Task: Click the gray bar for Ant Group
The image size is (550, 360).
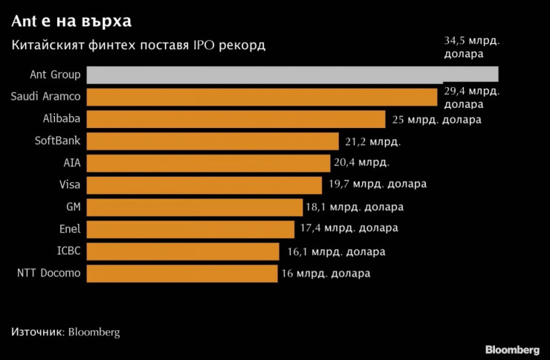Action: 292,74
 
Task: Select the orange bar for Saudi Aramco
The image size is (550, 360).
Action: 262,97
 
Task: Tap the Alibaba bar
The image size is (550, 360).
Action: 236,119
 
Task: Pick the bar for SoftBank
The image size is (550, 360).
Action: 213,141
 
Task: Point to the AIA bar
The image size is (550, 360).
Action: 208,163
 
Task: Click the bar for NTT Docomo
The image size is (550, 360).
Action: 182,273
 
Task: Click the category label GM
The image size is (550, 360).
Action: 73,207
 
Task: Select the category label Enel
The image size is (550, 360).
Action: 70,228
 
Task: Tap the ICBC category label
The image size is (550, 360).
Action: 69,251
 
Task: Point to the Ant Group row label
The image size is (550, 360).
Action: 55,74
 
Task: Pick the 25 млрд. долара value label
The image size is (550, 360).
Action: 435,119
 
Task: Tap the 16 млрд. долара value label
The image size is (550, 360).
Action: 326,273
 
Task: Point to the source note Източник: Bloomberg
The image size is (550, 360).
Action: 65,332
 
